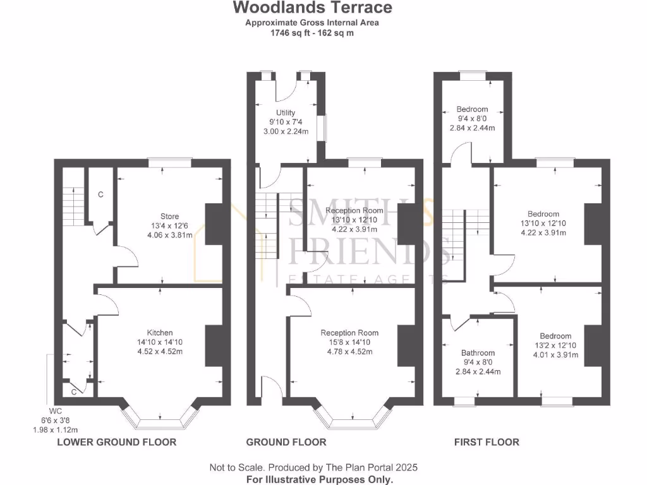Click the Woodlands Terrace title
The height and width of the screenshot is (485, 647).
[x=312, y=8]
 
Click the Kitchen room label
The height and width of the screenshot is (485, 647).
[x=160, y=333]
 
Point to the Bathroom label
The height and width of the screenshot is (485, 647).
[x=478, y=353]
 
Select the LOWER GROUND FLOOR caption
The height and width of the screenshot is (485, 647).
[x=116, y=442]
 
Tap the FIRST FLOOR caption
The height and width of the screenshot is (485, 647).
[x=487, y=442]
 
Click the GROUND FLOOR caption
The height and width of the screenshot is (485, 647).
[x=286, y=442]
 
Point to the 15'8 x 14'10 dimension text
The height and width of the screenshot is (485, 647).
[x=349, y=342]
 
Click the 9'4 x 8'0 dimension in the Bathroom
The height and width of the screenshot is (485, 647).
[x=478, y=362]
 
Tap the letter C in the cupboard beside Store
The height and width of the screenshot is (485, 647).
[x=100, y=195]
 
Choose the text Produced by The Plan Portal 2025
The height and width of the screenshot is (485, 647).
[x=343, y=468]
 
